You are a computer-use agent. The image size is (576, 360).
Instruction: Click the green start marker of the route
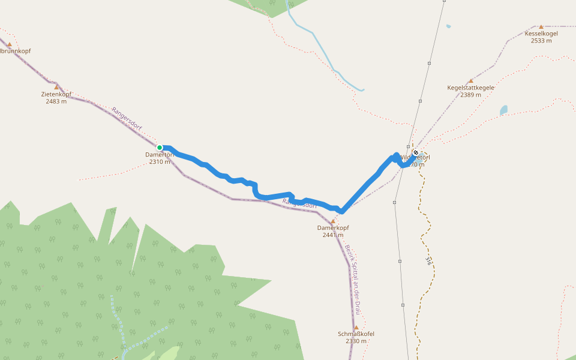point(160,147)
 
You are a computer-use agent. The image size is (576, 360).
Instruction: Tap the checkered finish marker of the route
point(415,152)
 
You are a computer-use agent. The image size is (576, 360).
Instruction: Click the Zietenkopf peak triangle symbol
point(56,87)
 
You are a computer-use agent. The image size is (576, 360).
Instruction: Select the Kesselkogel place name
point(541,34)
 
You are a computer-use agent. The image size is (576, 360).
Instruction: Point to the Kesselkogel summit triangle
point(541,26)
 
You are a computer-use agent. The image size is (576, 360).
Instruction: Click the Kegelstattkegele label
point(470,88)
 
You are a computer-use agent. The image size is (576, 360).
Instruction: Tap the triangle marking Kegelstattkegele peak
point(471,80)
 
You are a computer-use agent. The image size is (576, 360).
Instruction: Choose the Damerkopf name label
point(333,228)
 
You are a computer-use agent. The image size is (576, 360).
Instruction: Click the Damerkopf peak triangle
point(333,221)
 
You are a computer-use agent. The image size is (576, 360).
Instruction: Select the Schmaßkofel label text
point(356,334)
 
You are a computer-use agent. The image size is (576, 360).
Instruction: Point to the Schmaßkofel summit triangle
point(356,327)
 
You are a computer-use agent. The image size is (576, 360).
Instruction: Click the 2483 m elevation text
point(56,101)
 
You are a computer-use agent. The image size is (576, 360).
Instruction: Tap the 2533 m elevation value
point(541,41)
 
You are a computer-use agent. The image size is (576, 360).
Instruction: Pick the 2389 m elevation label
point(471,95)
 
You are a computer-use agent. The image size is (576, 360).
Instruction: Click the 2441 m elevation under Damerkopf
point(333,235)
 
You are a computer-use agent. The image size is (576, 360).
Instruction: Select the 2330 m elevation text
point(356,341)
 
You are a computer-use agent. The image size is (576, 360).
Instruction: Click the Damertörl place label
point(159,155)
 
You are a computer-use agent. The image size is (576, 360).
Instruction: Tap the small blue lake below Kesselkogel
point(503,110)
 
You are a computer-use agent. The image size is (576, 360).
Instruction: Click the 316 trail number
point(428,261)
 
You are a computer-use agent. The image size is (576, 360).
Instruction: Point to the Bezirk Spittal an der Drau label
point(352,279)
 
